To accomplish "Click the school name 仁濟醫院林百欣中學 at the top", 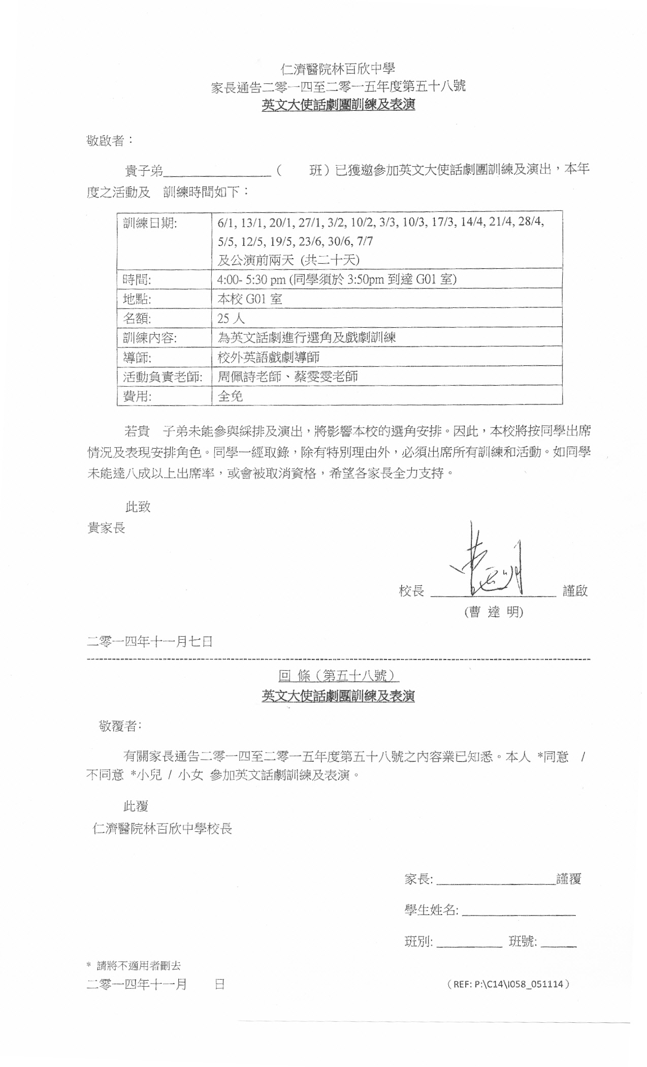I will (338, 68).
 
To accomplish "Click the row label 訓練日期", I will (150, 223).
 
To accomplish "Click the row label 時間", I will (137, 279).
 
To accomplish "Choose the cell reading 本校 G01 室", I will (249, 299).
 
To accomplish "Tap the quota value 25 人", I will (231, 319).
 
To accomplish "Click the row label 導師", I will (137, 357).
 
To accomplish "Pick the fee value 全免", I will (230, 396).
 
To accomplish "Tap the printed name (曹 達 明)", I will (494, 612).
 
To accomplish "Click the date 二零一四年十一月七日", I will (150, 641).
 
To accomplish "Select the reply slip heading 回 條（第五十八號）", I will (338, 676).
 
